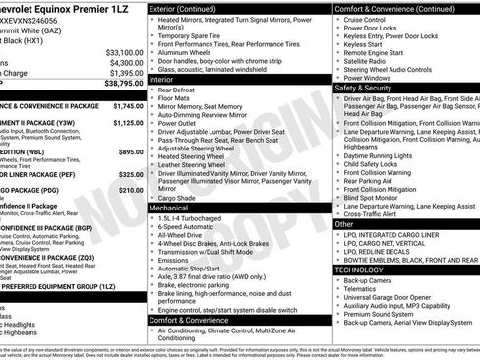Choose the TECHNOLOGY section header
(x=359, y=269)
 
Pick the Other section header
(x=345, y=224)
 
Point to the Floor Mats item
(x=174, y=98)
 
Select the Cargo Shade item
(x=177, y=197)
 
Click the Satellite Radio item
(x=367, y=61)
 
